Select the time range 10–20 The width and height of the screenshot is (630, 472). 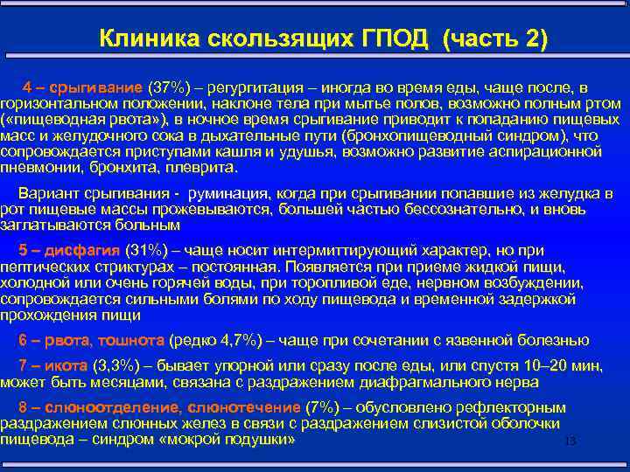pyautogui.click(x=533, y=367)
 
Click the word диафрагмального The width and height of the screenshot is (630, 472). pyautogui.click(x=411, y=382)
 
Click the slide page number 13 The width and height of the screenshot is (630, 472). pyautogui.click(x=570, y=441)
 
